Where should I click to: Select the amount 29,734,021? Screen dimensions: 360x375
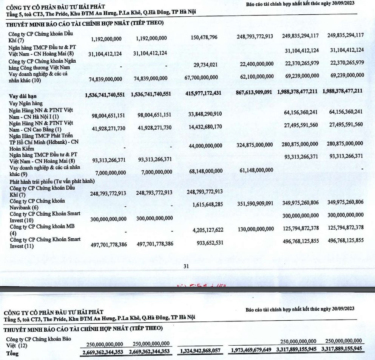203,65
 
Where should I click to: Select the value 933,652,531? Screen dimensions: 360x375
206,244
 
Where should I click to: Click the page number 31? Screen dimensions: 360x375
186,266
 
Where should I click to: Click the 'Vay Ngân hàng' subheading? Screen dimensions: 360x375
26,103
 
